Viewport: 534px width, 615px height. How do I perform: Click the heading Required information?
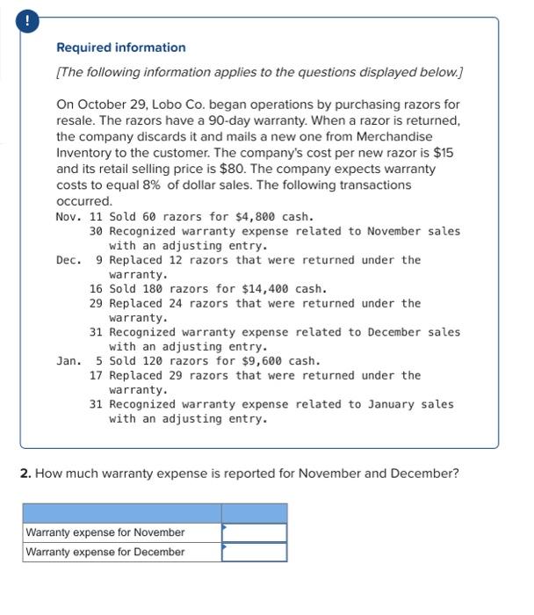click(121, 47)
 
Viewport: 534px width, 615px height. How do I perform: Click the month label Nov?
click(69, 217)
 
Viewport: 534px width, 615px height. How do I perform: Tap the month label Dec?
click(69, 260)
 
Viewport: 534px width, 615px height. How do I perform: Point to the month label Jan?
click(69, 361)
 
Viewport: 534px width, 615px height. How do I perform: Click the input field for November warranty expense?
click(254, 532)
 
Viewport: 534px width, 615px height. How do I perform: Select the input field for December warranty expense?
click(254, 552)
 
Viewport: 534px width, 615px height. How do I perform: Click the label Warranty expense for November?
click(105, 532)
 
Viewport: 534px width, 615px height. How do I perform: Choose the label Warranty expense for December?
click(105, 552)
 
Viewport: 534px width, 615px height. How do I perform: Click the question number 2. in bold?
click(25, 474)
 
